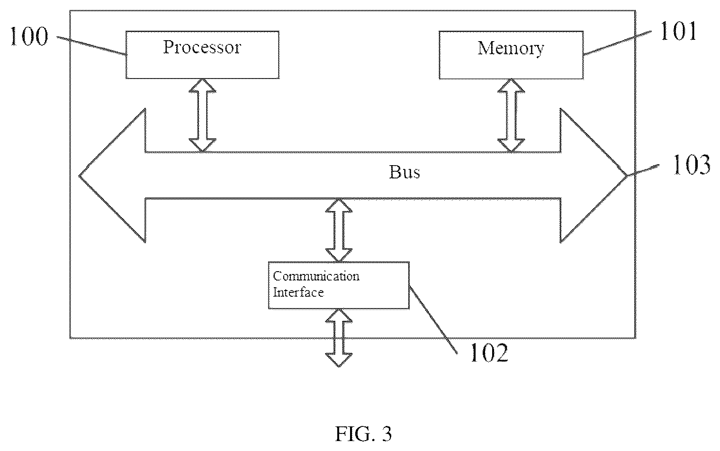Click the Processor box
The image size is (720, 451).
[x=203, y=55]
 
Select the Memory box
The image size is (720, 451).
[x=511, y=55]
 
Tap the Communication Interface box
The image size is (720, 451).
[x=339, y=285]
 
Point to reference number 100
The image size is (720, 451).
[x=29, y=36]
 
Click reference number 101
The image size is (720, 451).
[x=678, y=31]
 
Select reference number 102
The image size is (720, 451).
[x=489, y=353]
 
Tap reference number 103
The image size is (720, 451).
[x=692, y=165]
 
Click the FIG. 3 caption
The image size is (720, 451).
[x=363, y=434]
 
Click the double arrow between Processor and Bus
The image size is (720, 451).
[x=203, y=115]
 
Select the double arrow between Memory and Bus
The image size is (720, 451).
[x=511, y=115]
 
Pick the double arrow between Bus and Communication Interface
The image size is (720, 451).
[x=339, y=230]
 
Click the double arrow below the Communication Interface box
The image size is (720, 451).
[x=339, y=338]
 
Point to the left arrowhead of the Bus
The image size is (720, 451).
[x=113, y=176]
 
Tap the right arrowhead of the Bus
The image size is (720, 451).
[x=594, y=176]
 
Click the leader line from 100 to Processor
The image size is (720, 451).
[x=91, y=46]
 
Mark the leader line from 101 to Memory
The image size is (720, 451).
[x=618, y=43]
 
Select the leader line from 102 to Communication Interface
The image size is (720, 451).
[x=433, y=319]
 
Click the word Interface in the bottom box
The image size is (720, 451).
[x=298, y=292]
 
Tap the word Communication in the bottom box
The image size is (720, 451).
[x=316, y=276]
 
